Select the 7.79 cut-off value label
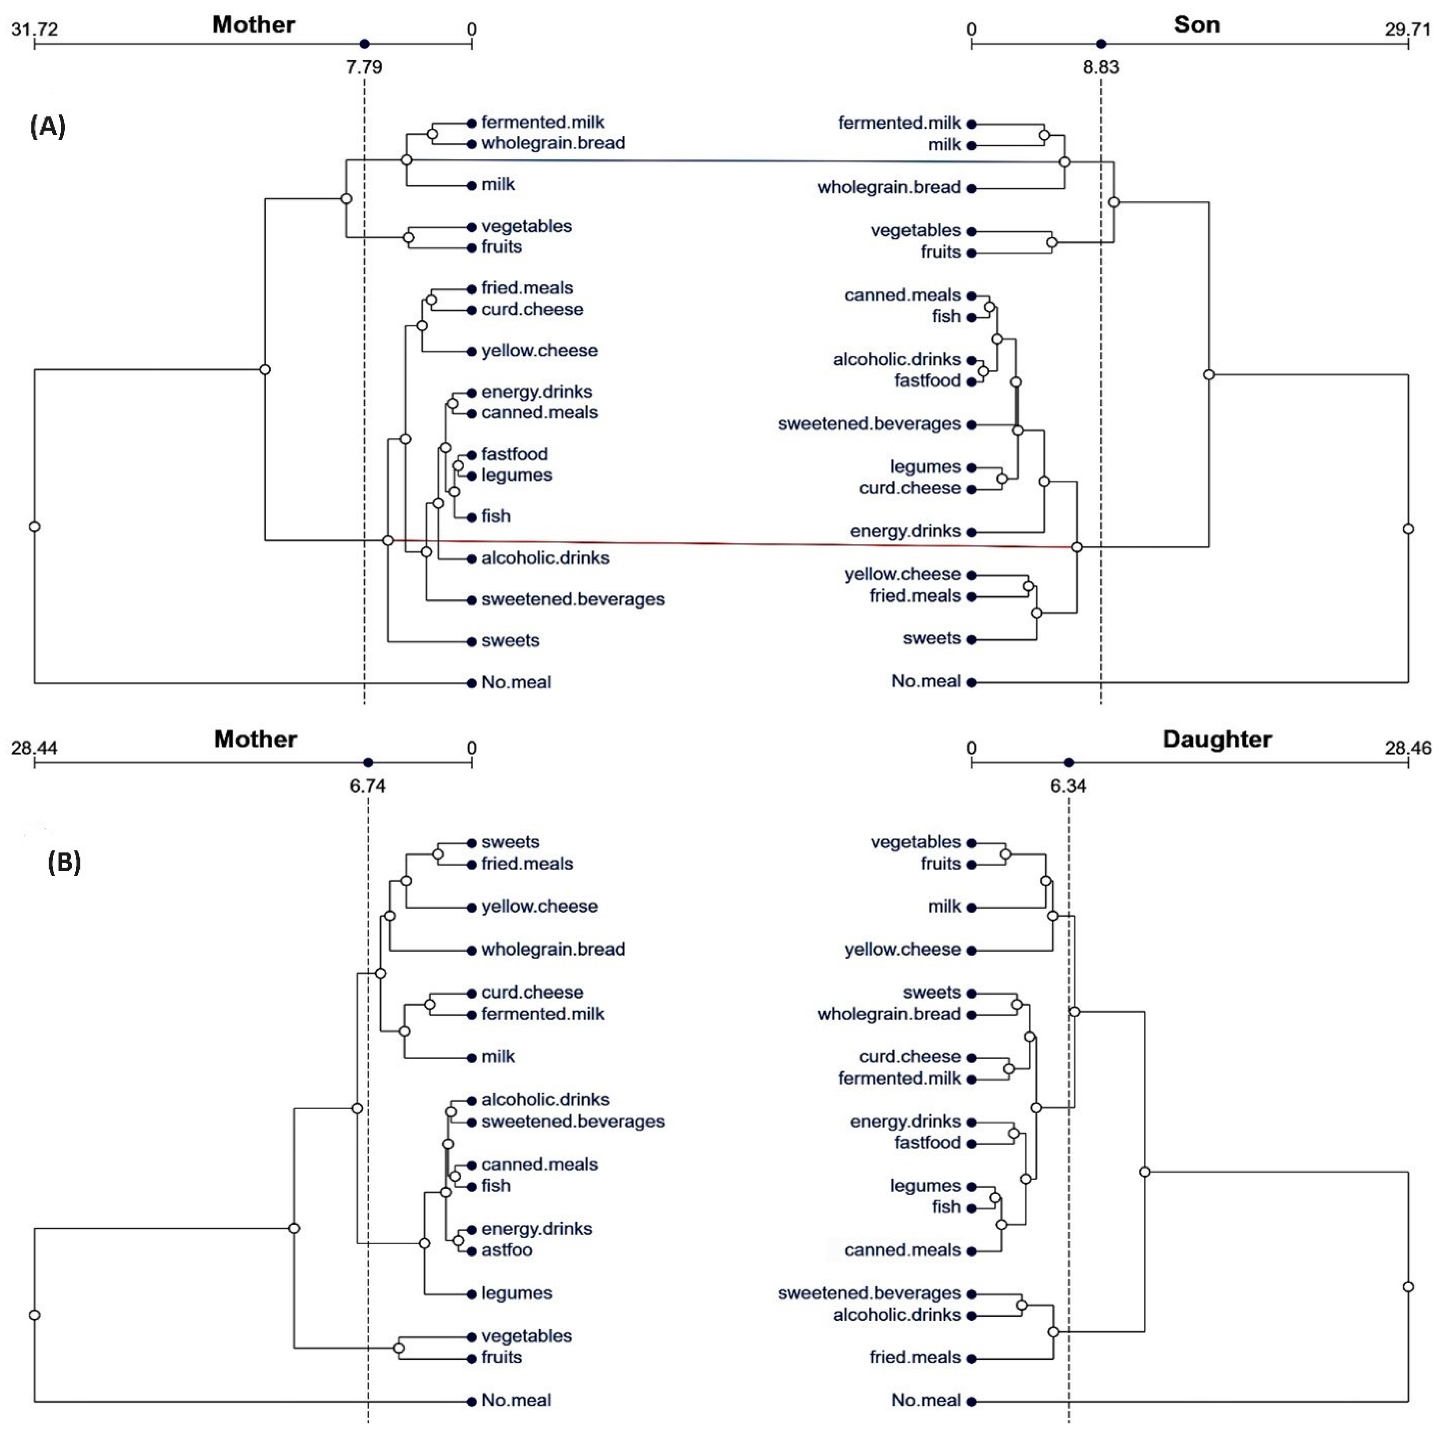364,67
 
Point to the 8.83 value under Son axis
1101,67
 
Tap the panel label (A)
47,127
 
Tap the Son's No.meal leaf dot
971,682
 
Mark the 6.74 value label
368,786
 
